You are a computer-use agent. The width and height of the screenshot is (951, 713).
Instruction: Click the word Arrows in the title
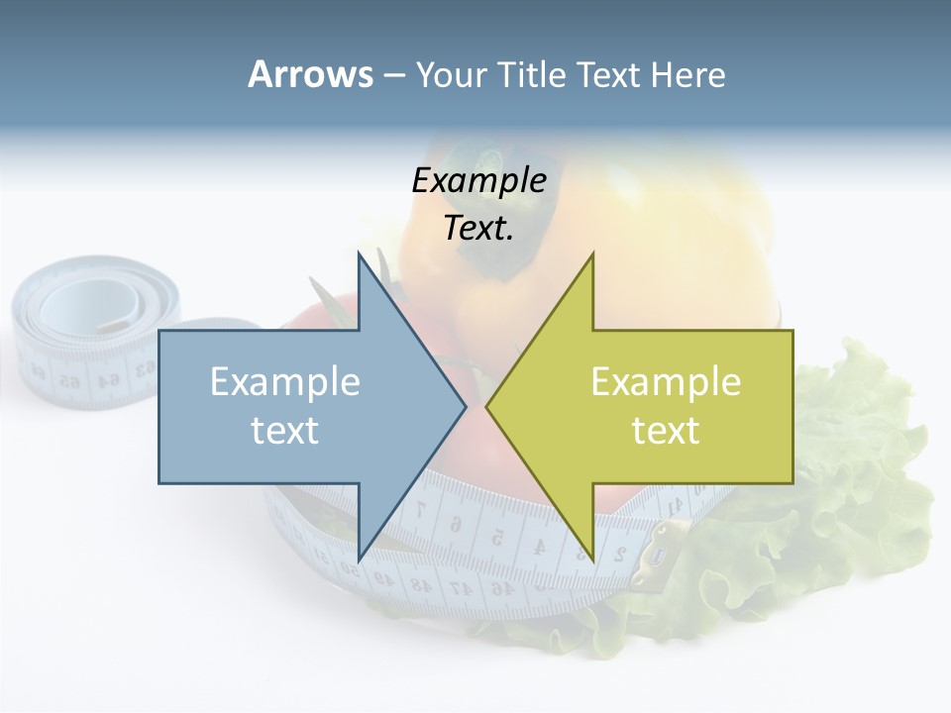310,74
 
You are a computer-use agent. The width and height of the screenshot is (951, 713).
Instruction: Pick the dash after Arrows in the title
393,76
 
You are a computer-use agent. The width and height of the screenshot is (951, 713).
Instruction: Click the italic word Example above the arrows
478,181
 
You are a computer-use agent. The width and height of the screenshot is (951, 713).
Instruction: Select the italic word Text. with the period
478,229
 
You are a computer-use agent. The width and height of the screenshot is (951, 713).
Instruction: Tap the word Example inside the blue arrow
285,381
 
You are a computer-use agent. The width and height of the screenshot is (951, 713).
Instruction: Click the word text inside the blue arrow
285,431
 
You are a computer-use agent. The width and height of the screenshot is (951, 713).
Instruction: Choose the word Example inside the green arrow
666,381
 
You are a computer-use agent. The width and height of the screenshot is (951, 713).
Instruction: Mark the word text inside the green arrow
666,431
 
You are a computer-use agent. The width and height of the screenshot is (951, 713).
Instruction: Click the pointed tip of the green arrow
487,406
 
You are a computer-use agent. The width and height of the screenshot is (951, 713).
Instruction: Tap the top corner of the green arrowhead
592,255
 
